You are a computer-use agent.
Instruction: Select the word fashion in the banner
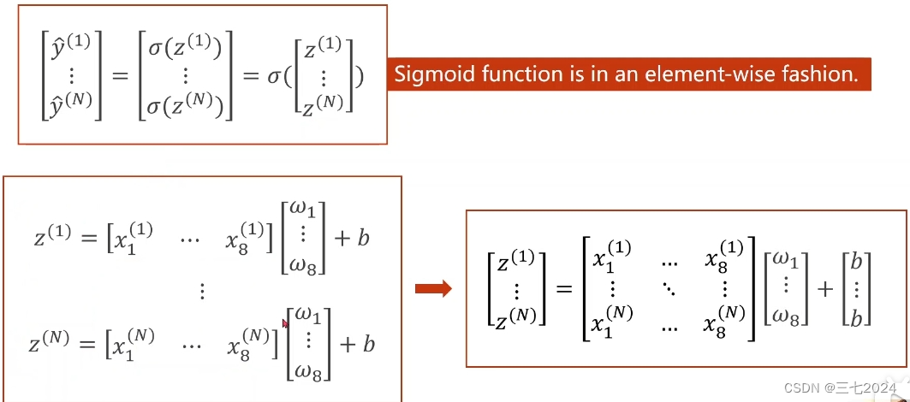tap(819, 74)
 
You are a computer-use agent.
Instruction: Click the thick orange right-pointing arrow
tap(433, 289)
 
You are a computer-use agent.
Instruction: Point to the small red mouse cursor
tap(285, 323)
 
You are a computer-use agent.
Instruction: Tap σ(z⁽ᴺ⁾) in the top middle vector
tap(187, 106)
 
